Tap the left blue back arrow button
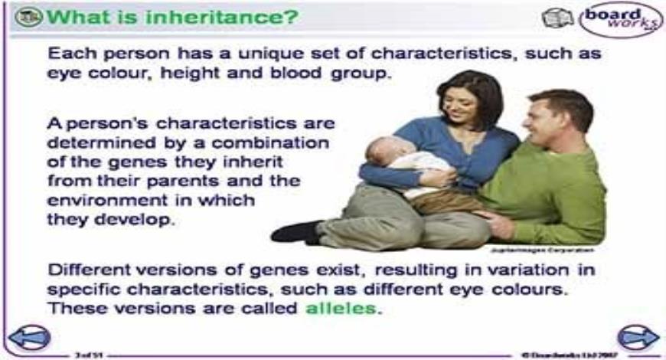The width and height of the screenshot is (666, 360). click(29, 337)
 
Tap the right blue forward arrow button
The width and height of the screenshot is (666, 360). click(638, 337)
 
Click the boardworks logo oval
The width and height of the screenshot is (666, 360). click(620, 18)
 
